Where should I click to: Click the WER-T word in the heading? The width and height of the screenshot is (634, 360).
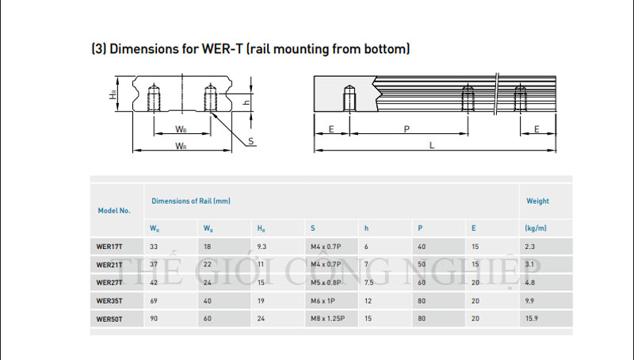(223, 49)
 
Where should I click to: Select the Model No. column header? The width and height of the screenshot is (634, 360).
(114, 211)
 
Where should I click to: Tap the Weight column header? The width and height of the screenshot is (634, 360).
(537, 201)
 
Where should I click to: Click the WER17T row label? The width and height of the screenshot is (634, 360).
(109, 247)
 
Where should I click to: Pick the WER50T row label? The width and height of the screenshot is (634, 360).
(109, 319)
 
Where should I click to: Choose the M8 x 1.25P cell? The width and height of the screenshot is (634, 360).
(327, 319)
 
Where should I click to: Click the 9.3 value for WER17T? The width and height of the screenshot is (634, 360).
(262, 247)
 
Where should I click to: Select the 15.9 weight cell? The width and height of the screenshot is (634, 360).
(532, 319)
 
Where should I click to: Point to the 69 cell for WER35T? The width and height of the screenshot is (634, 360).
(154, 301)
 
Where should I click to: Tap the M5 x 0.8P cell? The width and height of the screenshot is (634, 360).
(326, 283)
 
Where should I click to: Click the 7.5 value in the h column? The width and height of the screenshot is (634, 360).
(369, 283)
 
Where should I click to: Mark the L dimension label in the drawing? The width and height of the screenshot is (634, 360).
(432, 145)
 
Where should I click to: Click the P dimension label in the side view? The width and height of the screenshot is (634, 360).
(407, 129)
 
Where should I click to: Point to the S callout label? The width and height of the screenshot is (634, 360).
(250, 141)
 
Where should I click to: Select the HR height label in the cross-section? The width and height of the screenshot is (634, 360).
(113, 94)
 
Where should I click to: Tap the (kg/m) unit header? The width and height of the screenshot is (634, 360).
(536, 228)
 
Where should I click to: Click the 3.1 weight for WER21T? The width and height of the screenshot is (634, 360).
(529, 265)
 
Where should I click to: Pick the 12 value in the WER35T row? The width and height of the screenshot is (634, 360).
(368, 301)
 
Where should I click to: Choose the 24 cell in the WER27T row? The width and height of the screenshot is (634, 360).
(208, 283)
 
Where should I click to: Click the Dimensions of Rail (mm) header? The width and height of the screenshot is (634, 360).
(191, 201)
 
